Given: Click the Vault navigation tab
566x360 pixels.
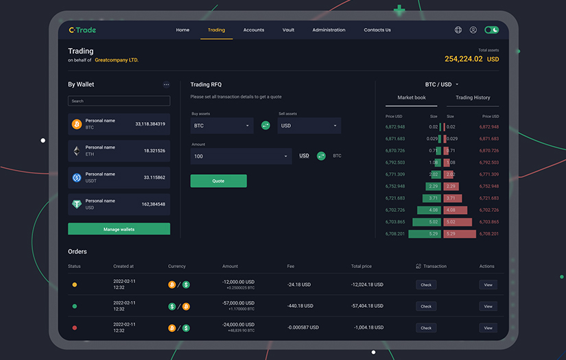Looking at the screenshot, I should (288, 30).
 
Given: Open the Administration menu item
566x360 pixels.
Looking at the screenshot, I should (329, 30).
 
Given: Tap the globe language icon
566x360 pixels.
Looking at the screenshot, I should (458, 30).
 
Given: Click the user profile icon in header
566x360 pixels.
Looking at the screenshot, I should (473, 30).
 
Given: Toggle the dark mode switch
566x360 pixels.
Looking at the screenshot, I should (491, 30).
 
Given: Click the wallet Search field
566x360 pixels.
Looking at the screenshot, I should (119, 101).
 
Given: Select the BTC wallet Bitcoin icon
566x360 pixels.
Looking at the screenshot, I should (77, 124).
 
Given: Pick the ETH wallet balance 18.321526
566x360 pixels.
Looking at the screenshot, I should (154, 151).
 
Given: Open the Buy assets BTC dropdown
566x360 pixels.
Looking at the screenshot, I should (222, 125).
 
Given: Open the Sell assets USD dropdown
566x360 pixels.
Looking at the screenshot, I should (309, 125).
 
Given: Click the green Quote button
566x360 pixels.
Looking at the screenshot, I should (218, 181).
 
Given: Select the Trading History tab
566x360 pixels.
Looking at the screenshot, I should (473, 98).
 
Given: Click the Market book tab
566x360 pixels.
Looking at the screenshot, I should (412, 98).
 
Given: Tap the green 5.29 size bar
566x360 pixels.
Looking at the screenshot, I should (425, 234).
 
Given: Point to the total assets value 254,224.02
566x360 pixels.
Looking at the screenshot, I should (464, 59).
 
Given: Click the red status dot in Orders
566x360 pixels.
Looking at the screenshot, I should (74, 328).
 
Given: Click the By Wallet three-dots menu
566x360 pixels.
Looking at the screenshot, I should (166, 85).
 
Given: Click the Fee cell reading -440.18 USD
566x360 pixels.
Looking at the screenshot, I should (300, 307).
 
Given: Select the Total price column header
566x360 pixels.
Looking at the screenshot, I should (361, 266).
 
